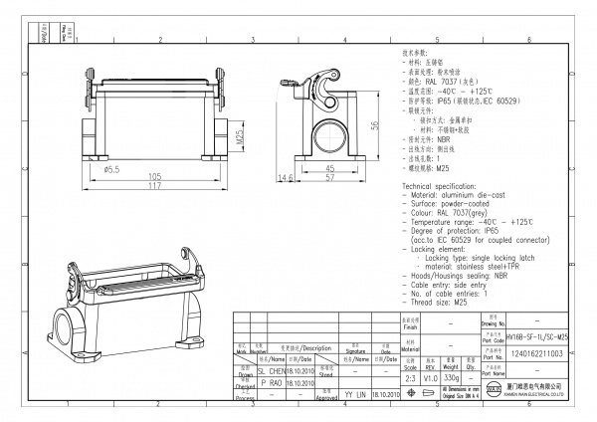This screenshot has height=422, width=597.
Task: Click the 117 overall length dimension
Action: tap(154, 185)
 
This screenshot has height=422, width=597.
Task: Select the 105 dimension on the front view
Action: tap(154, 175)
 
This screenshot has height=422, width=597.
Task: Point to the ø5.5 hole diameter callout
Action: tap(112, 169)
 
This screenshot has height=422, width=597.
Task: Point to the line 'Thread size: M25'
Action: tap(438, 301)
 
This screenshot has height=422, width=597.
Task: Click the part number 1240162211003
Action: tap(537, 352)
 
